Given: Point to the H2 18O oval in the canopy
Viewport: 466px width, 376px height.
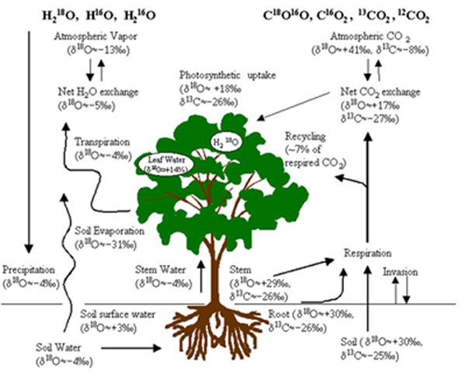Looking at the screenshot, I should pyautogui.click(x=227, y=141).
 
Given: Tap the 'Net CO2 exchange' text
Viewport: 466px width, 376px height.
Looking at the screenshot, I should pyautogui.click(x=378, y=92).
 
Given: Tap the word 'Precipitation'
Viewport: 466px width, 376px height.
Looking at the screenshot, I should pyautogui.click(x=28, y=271).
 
